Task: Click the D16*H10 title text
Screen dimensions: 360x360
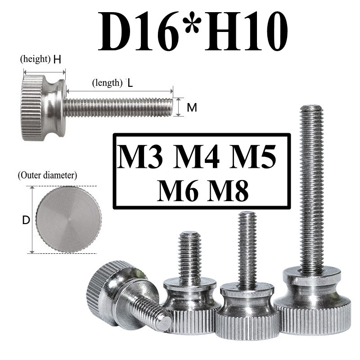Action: [193, 32]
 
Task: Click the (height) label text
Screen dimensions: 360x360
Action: [35, 59]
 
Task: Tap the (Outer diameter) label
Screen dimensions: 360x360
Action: [47, 175]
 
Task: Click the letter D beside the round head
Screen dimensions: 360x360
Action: [26, 220]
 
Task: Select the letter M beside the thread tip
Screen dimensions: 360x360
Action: [192, 108]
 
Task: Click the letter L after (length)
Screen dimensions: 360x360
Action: [130, 83]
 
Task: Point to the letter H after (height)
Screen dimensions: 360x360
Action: [57, 59]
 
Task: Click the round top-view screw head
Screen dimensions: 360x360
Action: [69, 220]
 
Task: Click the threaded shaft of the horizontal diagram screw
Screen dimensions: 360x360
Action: [118, 108]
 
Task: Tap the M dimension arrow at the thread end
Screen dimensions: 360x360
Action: [180, 108]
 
